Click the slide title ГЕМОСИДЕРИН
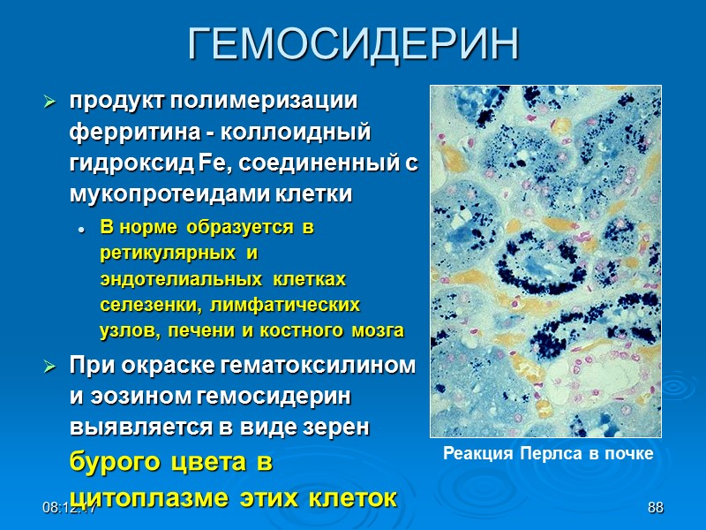[353, 43]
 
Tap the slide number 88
[655, 507]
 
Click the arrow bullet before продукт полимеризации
[50, 103]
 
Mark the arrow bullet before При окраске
[50, 366]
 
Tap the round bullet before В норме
[81, 229]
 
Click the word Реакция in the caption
[473, 454]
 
